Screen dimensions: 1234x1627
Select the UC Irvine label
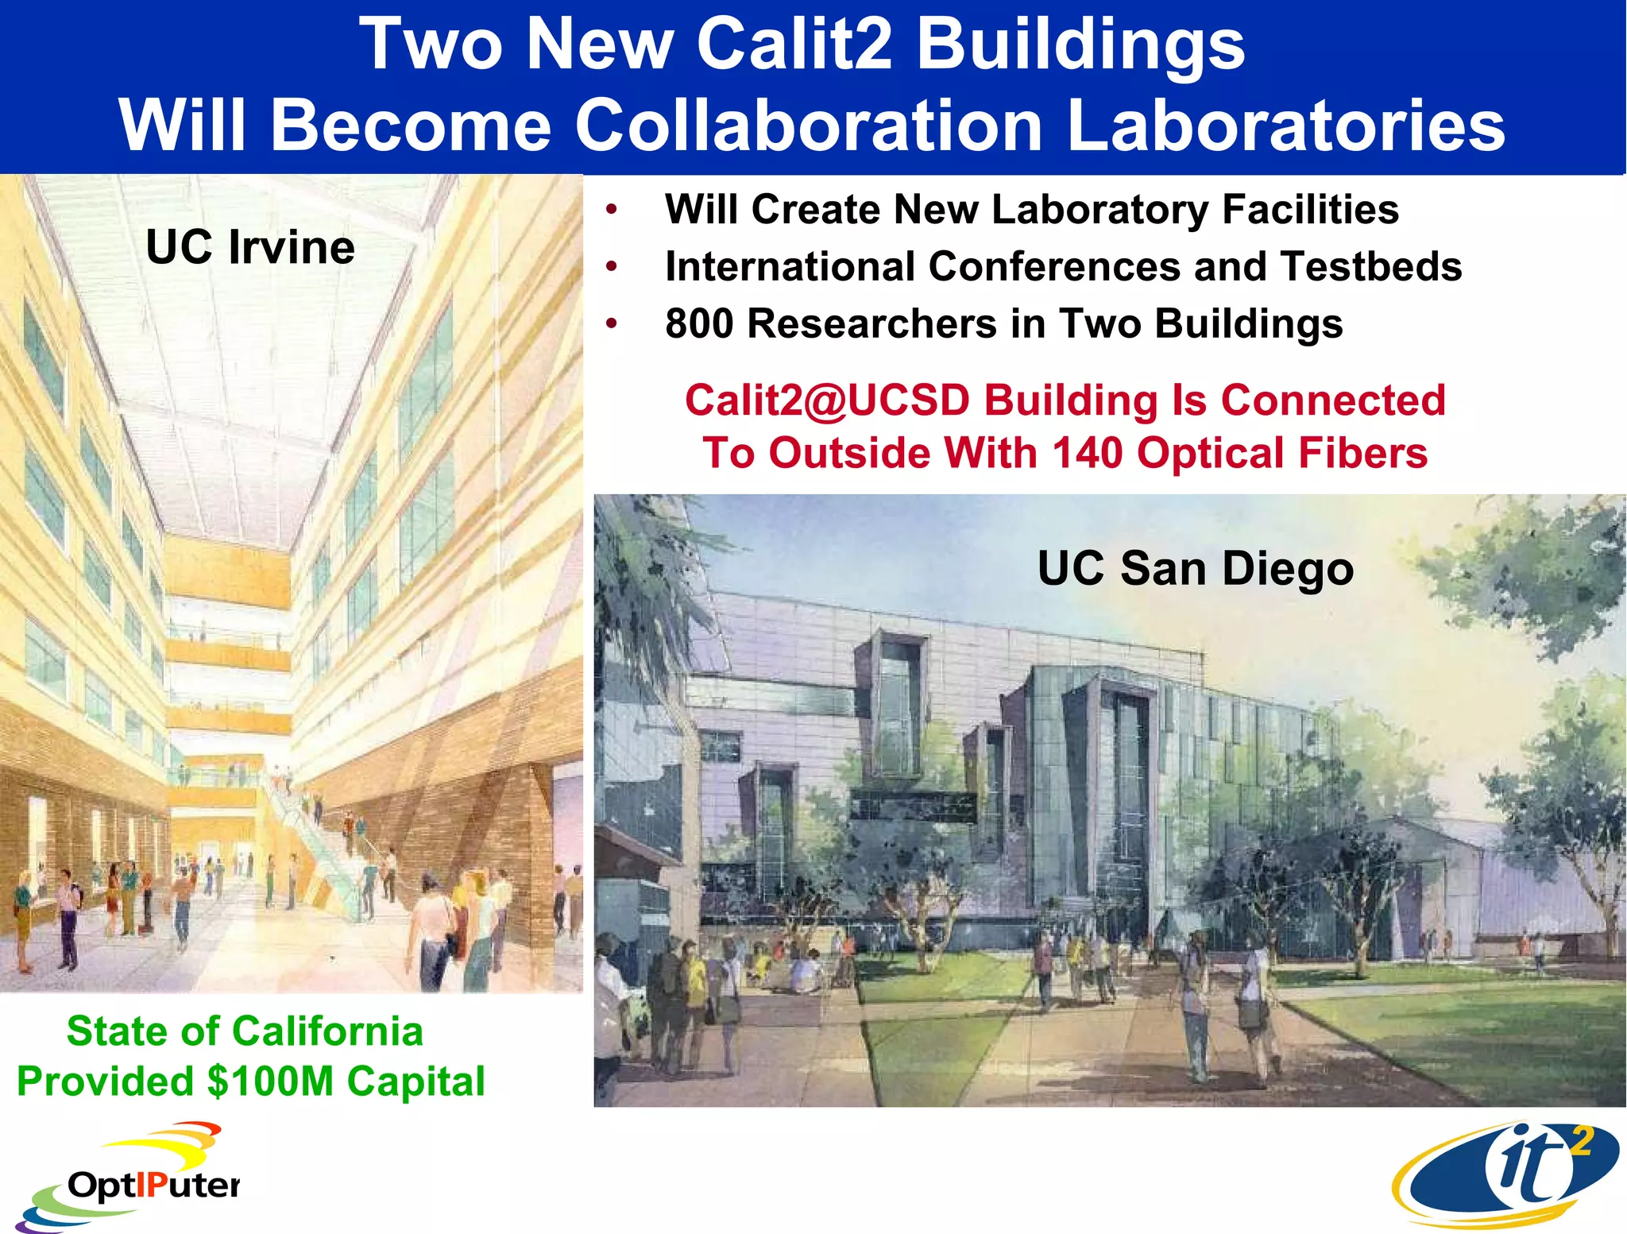[x=250, y=247]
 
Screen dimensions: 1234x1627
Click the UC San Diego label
[x=1196, y=569]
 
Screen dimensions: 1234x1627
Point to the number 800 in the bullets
[x=699, y=324]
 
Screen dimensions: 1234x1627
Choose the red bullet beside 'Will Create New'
[x=611, y=210]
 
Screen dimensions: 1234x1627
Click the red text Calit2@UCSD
[x=827, y=400]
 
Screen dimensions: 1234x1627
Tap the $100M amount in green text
[x=270, y=1081]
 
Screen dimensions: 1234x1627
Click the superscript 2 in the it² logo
[x=1581, y=1142]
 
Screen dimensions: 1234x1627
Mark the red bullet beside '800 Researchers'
[x=611, y=324]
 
